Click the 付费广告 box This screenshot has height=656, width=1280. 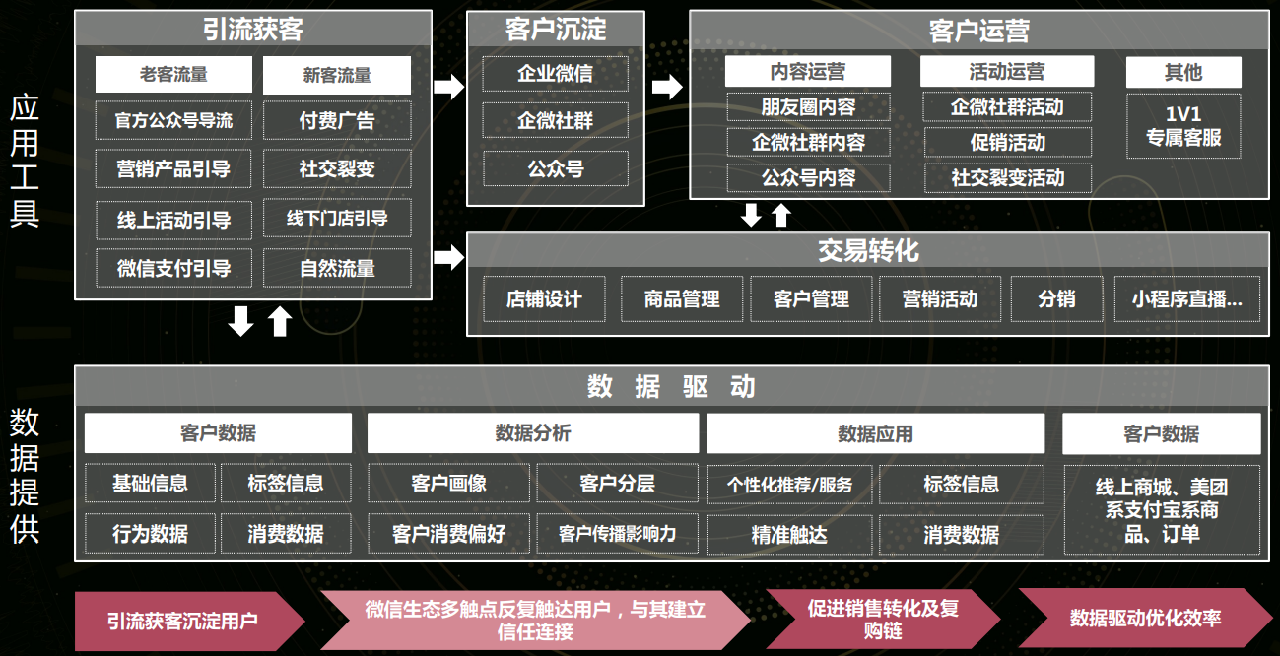337,120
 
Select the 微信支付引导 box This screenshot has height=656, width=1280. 173,268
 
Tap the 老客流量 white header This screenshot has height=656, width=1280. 173,74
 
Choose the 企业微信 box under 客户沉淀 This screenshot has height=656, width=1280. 556,74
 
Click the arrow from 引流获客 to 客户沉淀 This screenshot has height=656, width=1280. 449,87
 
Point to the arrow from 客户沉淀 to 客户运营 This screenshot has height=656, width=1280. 667,87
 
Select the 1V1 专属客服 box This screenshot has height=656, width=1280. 1183,126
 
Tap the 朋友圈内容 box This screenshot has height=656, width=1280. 809,106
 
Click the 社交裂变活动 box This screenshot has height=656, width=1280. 1008,177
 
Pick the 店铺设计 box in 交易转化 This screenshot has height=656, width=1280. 544,298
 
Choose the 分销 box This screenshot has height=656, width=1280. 1056,298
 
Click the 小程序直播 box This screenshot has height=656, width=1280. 1187,298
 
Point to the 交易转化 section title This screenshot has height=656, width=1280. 868,250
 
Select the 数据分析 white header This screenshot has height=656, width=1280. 533,433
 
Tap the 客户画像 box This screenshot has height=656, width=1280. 449,484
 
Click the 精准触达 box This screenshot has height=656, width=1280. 789,535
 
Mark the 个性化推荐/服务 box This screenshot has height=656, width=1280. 789,485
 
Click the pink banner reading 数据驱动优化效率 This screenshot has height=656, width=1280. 1145,619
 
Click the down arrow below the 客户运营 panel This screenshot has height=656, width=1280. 751,216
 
